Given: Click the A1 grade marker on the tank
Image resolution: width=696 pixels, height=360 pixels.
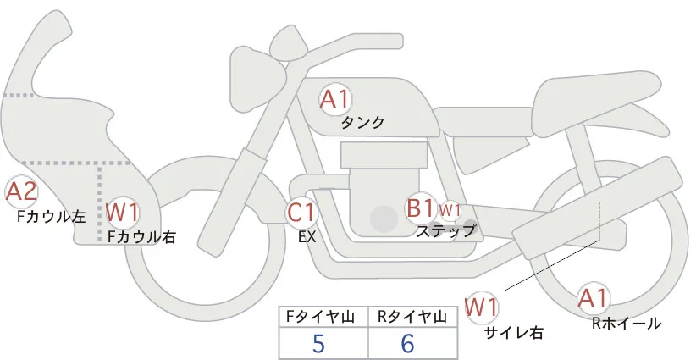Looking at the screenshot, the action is pos(335,100).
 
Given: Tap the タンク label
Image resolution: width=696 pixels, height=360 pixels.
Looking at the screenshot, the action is pos(362,123).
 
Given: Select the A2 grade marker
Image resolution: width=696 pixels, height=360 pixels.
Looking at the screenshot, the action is pos(21,192).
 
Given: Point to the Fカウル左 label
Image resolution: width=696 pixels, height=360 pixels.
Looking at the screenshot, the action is pos(51,217).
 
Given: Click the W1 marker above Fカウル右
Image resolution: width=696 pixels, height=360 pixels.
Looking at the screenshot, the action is pos(122,213).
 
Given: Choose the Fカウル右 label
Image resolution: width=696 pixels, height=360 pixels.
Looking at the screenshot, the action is pos(141,236).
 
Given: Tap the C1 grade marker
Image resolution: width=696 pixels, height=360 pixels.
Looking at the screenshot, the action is pos(301,212).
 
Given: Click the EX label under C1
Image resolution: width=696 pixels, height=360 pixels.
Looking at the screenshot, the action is pos(307,237).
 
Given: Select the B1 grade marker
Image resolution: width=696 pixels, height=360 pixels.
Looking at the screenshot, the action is pos(420,208).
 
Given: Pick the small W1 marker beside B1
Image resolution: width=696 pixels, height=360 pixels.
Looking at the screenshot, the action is pos(450,210).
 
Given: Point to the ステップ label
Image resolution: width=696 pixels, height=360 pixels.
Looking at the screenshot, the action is pos(445,231).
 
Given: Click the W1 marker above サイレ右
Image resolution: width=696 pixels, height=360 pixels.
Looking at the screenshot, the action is pos(482,307).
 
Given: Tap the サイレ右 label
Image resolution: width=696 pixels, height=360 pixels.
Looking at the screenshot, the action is pos(514,333).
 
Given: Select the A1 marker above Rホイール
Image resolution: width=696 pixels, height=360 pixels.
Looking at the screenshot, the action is pos(593,298).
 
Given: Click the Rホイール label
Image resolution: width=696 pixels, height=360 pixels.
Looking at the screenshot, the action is pos(627,324).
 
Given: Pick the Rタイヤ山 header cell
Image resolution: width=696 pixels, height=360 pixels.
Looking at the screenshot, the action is pos(413,317).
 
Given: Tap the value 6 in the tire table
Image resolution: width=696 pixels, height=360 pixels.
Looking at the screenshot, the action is pos(407,343).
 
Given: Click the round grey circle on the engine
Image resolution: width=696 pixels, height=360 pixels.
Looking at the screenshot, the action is pos(384,219).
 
